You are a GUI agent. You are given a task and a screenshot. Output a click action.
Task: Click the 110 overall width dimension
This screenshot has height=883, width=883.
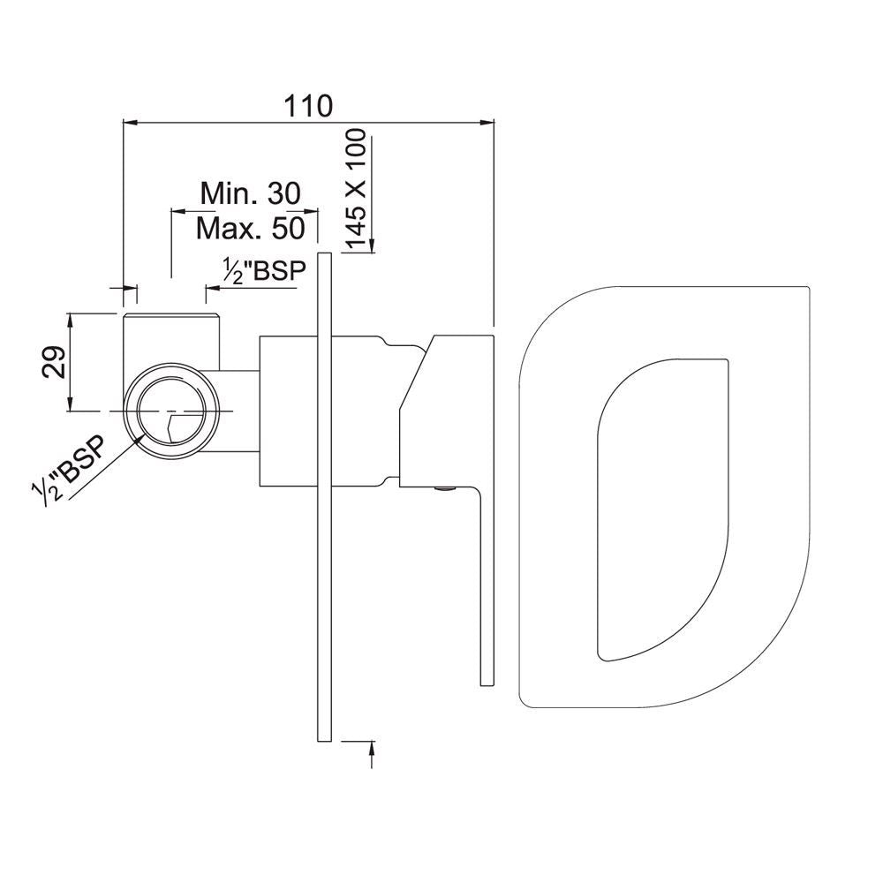(307, 106)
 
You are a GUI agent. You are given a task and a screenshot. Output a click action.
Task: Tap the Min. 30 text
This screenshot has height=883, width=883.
(251, 192)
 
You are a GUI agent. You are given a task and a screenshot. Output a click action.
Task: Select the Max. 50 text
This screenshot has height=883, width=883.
(251, 230)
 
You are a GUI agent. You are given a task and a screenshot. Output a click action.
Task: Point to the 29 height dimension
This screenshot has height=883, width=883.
(55, 361)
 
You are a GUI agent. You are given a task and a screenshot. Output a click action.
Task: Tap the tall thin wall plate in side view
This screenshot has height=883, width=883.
(323, 494)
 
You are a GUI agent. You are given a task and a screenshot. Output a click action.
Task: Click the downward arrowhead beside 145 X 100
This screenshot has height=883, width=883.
(372, 245)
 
